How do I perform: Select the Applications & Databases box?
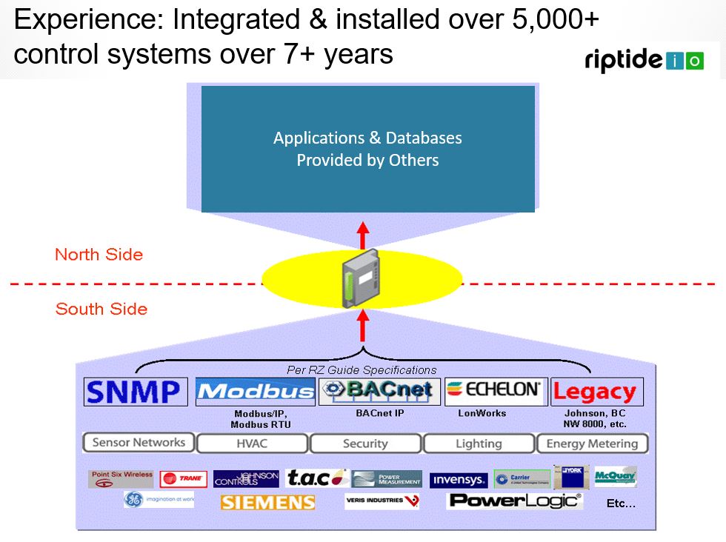click(x=367, y=149)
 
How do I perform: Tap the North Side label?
click(x=99, y=255)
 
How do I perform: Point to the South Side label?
click(x=101, y=309)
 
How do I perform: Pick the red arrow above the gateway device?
click(x=363, y=235)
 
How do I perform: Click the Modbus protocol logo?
click(x=256, y=392)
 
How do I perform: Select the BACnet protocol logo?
click(x=379, y=391)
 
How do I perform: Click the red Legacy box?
click(x=595, y=392)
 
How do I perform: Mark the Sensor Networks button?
click(x=139, y=443)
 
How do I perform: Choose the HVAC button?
click(x=252, y=444)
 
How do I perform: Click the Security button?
click(x=365, y=444)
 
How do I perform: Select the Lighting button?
click(x=479, y=444)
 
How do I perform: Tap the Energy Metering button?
click(x=592, y=444)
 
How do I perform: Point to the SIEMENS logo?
click(x=267, y=502)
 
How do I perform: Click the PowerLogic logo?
click(x=515, y=501)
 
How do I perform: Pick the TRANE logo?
click(x=184, y=479)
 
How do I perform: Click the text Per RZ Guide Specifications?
click(x=362, y=369)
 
